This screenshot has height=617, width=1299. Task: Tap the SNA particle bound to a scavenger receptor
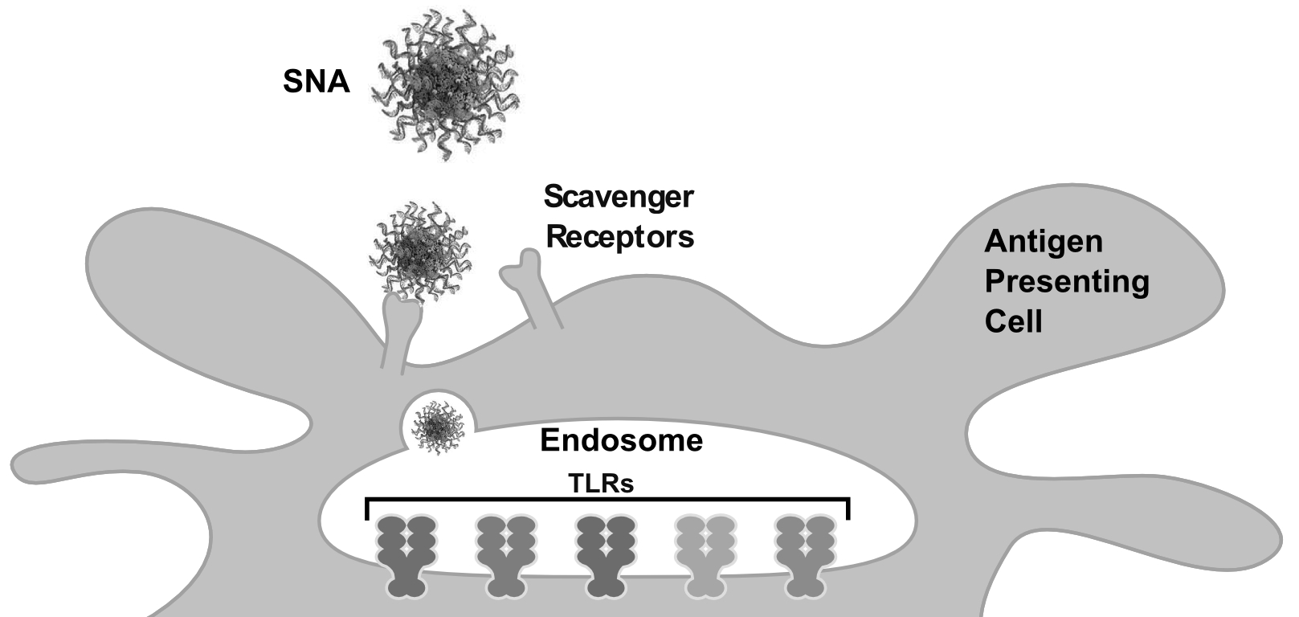tap(419, 251)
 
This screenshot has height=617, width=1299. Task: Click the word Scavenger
tap(619, 197)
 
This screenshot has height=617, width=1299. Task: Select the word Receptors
tap(619, 237)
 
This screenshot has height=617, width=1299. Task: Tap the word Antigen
tap(1044, 242)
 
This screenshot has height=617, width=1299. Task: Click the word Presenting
tap(1067, 282)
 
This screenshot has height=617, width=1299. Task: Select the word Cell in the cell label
tap(1014, 322)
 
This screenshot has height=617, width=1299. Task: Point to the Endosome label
tap(621, 440)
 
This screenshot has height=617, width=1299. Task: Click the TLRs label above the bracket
tap(601, 484)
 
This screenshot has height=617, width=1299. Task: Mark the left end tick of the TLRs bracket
tap(367, 509)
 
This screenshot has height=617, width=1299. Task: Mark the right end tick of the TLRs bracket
tap(848, 509)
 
